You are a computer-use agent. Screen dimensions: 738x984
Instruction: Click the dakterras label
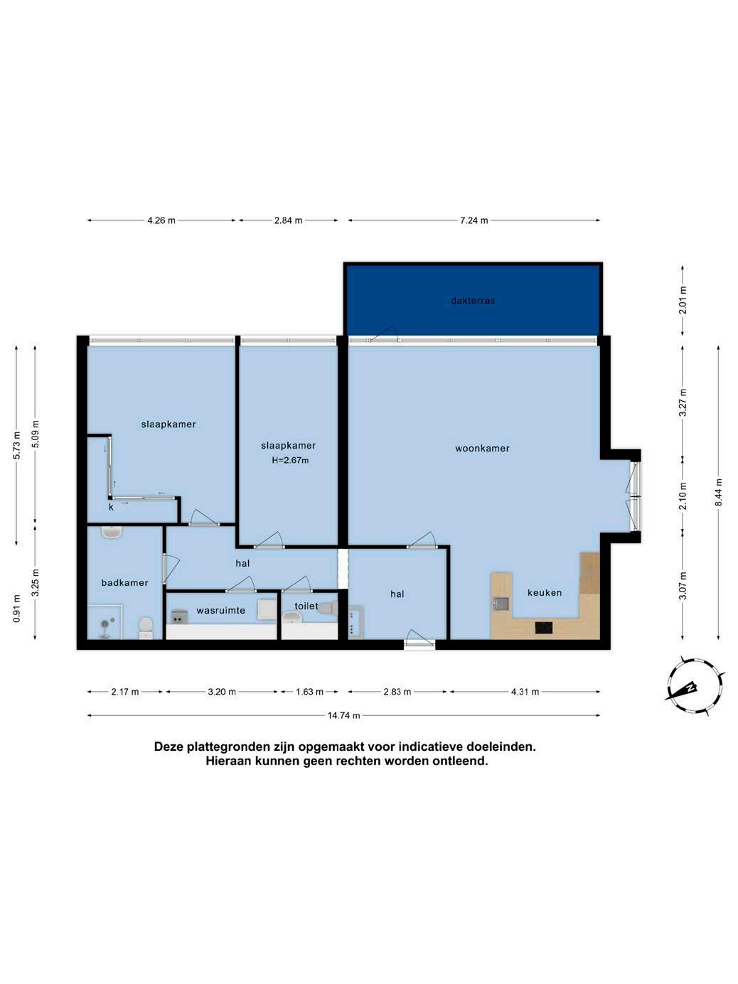click(x=473, y=301)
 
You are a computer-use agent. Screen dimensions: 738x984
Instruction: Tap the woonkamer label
click(x=482, y=449)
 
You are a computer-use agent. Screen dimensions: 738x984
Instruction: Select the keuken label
click(x=545, y=593)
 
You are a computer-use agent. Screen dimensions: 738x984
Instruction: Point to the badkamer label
click(x=124, y=583)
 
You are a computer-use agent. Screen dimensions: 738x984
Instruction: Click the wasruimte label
click(x=221, y=611)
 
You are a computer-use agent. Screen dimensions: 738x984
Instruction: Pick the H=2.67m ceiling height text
click(x=290, y=461)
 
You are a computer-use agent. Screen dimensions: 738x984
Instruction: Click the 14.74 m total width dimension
click(x=343, y=715)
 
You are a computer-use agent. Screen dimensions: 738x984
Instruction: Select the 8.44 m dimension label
click(x=719, y=492)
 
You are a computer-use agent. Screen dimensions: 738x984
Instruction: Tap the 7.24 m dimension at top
click(x=474, y=220)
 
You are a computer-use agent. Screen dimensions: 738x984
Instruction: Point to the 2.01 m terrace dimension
click(x=683, y=300)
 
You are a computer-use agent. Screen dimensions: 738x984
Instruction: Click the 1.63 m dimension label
click(x=309, y=692)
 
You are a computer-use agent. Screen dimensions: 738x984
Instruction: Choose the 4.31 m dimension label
click(x=525, y=692)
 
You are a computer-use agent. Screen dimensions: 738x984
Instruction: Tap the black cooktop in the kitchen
click(x=544, y=628)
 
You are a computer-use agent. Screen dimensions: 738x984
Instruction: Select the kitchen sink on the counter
click(x=501, y=604)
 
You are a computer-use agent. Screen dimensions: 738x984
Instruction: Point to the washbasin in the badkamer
click(x=112, y=532)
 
